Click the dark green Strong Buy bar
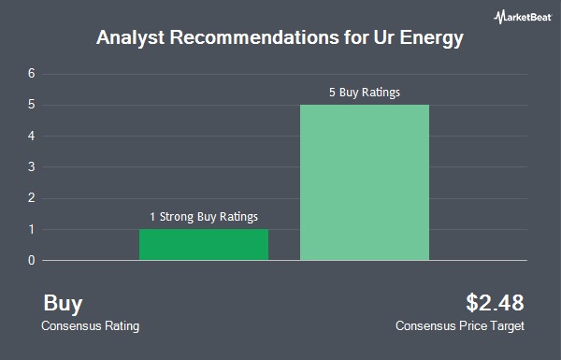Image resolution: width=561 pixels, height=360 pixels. coord(204,244)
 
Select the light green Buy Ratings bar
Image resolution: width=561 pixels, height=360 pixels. coord(365,182)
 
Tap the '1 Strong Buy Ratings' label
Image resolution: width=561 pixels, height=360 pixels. coord(204,217)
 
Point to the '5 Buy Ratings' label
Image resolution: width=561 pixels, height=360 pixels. coord(365,93)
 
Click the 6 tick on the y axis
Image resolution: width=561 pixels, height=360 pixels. coord(32,74)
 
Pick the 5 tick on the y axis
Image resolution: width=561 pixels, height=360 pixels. coord(32,105)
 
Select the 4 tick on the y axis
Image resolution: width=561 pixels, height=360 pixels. coord(32,136)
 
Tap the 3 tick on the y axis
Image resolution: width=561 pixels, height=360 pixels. coord(32,166)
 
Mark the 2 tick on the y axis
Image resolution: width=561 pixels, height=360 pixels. coord(32,198)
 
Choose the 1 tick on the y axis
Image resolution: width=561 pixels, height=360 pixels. coord(32,229)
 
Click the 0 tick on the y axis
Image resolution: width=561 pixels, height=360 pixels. coord(32,260)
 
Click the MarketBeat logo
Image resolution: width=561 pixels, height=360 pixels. coord(523,17)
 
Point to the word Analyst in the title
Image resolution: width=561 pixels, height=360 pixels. coord(131,38)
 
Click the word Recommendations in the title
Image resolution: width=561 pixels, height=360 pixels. coord(254,36)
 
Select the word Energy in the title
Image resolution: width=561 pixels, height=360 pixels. coord(431,38)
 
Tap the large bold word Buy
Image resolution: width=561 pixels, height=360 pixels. coord(63,304)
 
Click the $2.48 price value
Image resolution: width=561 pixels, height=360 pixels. coord(495,302)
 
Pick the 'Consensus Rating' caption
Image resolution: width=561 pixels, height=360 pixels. coord(90,326)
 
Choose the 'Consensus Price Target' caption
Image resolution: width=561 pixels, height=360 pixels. coord(460,326)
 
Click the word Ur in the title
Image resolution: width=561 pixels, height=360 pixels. coord(384,36)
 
